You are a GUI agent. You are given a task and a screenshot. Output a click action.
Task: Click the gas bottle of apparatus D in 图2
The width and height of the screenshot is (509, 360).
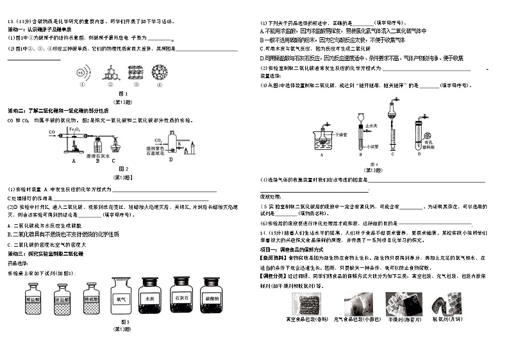pyautogui.click(x=172, y=143)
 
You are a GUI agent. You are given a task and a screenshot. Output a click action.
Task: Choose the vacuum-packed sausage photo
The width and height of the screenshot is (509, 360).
pyautogui.click(x=306, y=304)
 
